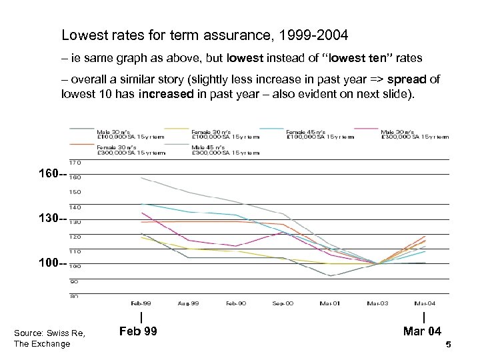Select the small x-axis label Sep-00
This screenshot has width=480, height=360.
283,303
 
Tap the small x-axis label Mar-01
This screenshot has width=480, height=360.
330,303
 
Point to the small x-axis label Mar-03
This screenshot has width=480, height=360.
377,303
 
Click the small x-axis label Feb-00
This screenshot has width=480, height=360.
236,303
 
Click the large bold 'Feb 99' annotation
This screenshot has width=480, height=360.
138,331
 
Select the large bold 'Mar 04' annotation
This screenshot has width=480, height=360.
423,331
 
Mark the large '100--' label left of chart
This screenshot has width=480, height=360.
53,264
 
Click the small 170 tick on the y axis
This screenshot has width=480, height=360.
75,162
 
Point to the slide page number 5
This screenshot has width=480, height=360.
449,345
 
